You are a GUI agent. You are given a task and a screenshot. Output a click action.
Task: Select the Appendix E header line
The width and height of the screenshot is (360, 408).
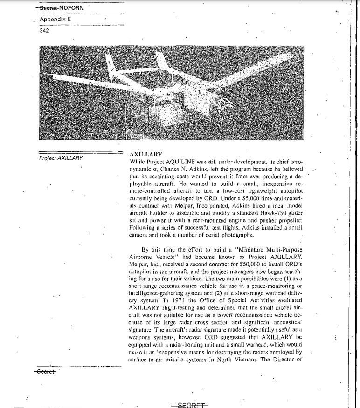click(x=52, y=19)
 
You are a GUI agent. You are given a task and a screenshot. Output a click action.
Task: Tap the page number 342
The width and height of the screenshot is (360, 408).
click(x=44, y=31)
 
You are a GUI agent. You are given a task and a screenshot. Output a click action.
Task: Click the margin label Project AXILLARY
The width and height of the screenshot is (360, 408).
click(x=61, y=158)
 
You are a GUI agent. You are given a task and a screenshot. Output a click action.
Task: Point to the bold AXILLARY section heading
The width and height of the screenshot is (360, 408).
click(x=145, y=154)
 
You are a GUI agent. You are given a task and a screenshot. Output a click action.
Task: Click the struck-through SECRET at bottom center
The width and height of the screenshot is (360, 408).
click(x=189, y=404)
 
